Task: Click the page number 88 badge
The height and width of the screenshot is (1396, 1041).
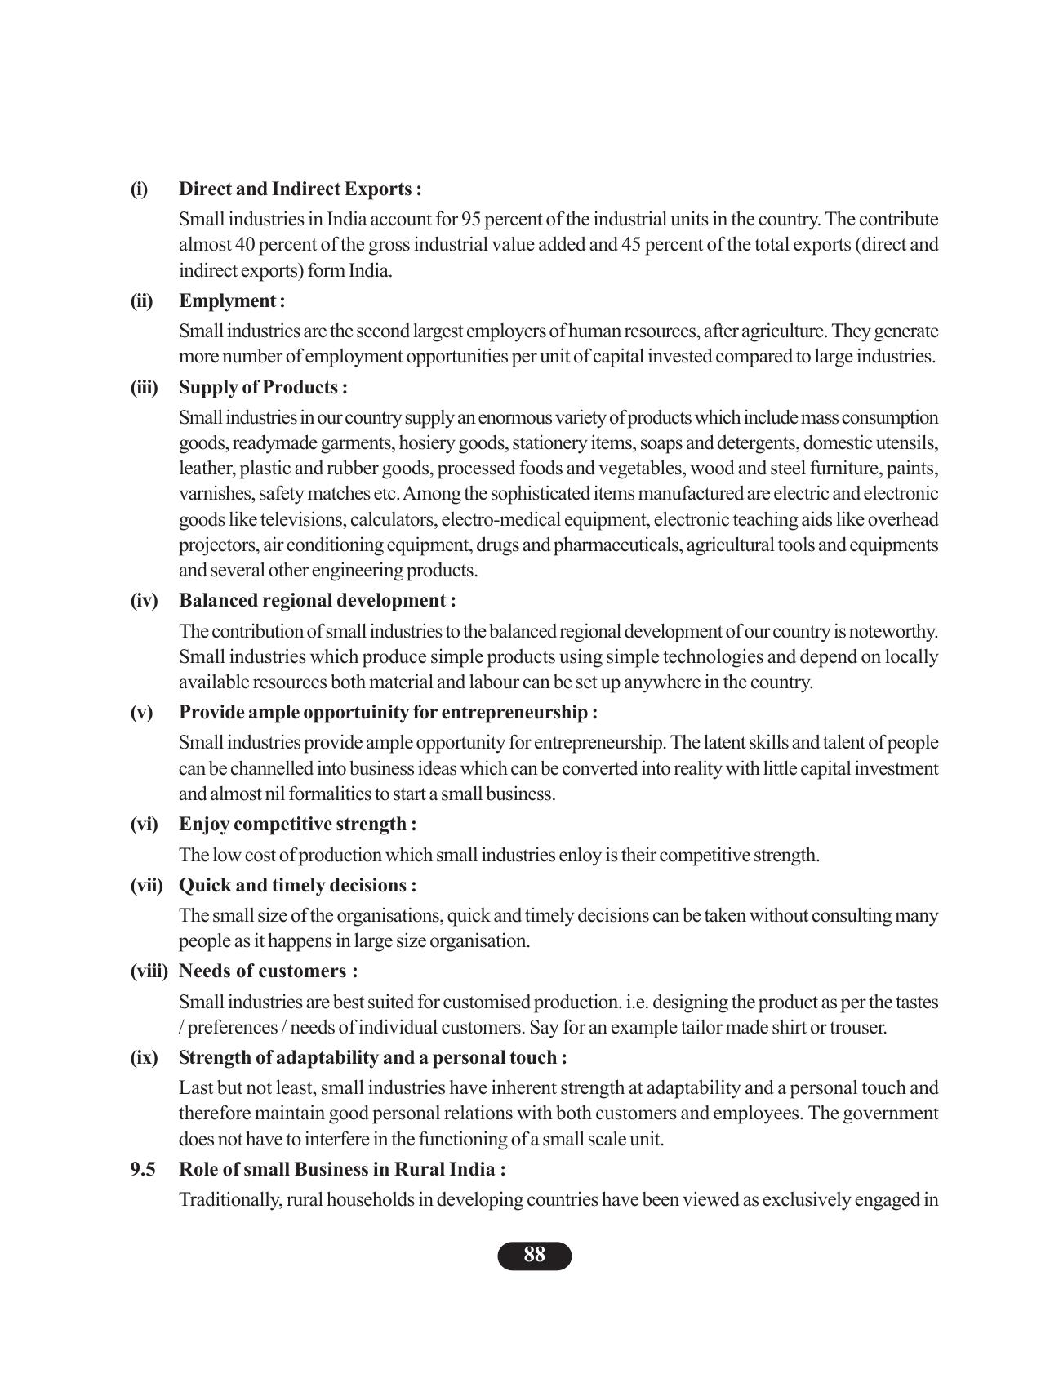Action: click(x=534, y=1256)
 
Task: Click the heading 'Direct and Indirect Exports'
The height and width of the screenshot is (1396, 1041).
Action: click(x=300, y=189)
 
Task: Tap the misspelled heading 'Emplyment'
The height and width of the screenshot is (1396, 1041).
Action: click(x=231, y=301)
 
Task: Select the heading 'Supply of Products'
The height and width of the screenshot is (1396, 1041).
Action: click(x=262, y=387)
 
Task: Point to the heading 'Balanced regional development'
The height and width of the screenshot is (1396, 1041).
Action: click(x=317, y=601)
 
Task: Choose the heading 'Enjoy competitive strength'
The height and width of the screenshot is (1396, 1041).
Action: click(x=297, y=825)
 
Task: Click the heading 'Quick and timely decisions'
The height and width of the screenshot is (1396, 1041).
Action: click(x=297, y=886)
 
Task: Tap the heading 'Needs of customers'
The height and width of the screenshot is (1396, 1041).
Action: click(x=268, y=971)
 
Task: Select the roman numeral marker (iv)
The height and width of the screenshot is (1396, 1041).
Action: click(x=144, y=601)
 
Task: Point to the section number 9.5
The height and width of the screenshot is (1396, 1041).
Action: click(x=143, y=1170)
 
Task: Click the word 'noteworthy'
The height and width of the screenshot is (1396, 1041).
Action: click(x=896, y=632)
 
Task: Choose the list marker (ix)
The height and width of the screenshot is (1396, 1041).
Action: click(x=144, y=1058)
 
